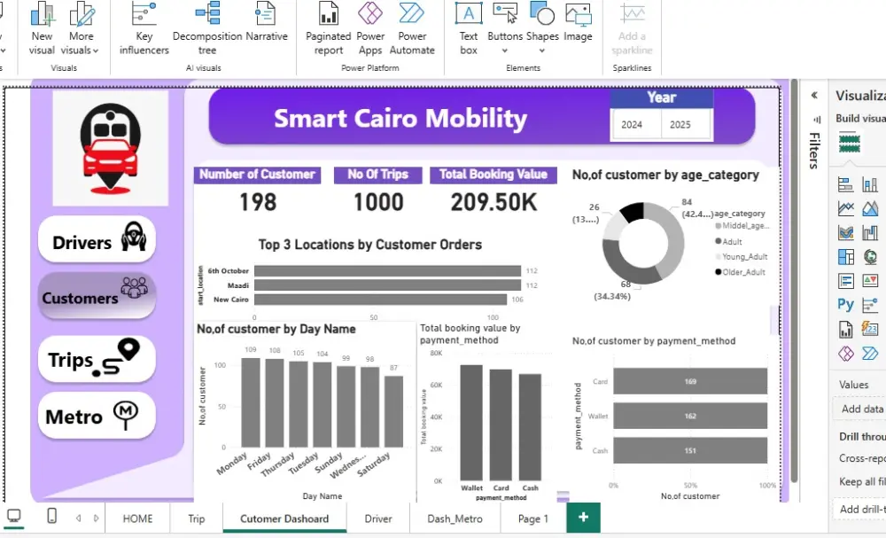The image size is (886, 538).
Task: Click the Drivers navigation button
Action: [x=97, y=240]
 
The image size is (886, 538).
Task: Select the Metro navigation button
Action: [x=97, y=416]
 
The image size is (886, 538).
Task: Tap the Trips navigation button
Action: [x=97, y=359]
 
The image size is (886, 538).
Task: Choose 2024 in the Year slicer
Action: [x=633, y=125]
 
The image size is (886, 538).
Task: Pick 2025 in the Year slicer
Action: [x=680, y=125]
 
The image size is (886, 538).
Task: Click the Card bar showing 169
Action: [x=689, y=381]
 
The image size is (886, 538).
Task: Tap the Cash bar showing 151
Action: [x=689, y=449]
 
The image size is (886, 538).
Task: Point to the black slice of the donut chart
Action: [x=631, y=213]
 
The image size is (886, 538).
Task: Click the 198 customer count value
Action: [x=258, y=202]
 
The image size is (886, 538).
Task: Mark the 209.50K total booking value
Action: [x=494, y=202]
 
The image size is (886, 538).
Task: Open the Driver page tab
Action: [x=378, y=519]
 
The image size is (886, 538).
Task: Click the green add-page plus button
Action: [x=583, y=518]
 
